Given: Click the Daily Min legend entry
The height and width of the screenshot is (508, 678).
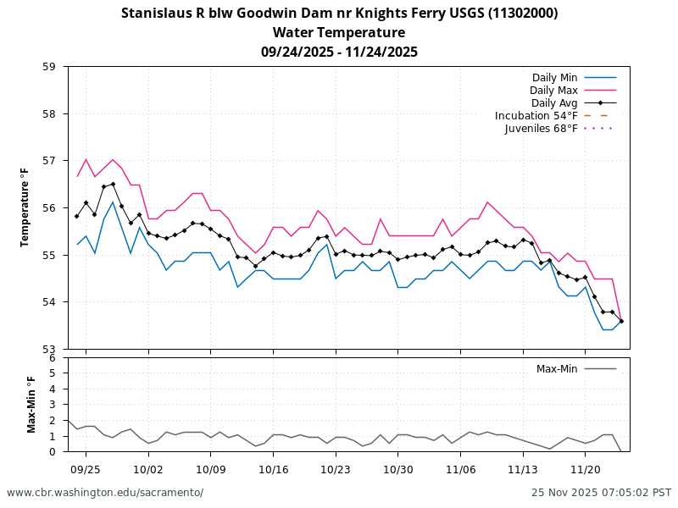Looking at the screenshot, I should [x=554, y=78].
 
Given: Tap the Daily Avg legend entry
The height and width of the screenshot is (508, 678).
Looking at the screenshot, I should [x=554, y=103].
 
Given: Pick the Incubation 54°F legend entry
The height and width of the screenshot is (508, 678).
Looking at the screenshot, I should [x=536, y=116].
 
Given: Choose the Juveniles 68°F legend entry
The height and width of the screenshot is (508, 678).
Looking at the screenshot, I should [x=541, y=129].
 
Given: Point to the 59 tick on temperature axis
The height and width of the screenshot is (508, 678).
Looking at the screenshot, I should [x=56, y=67].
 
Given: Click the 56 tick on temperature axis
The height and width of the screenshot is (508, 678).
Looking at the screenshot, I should [x=56, y=207].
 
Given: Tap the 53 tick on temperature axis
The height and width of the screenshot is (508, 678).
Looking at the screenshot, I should [x=56, y=349].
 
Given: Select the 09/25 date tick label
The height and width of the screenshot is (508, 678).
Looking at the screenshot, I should [x=86, y=469].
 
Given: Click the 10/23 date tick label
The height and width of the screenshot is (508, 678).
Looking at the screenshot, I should [x=336, y=469].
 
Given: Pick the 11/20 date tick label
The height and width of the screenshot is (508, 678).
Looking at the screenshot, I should [x=586, y=469].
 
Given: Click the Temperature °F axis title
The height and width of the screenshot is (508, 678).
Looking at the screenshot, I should [x=25, y=207].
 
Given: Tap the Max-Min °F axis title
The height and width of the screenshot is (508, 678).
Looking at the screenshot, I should [x=32, y=405].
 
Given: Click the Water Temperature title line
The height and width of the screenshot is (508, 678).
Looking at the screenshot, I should [x=339, y=33].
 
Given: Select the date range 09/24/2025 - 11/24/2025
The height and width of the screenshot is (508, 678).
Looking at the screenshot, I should [x=339, y=52].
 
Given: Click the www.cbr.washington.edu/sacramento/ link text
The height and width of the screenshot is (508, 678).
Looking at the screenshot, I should [x=105, y=493].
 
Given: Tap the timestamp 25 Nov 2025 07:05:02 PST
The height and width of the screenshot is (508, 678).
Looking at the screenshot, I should [x=601, y=493].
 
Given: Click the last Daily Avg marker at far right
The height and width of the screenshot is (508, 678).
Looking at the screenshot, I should [x=621, y=321].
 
